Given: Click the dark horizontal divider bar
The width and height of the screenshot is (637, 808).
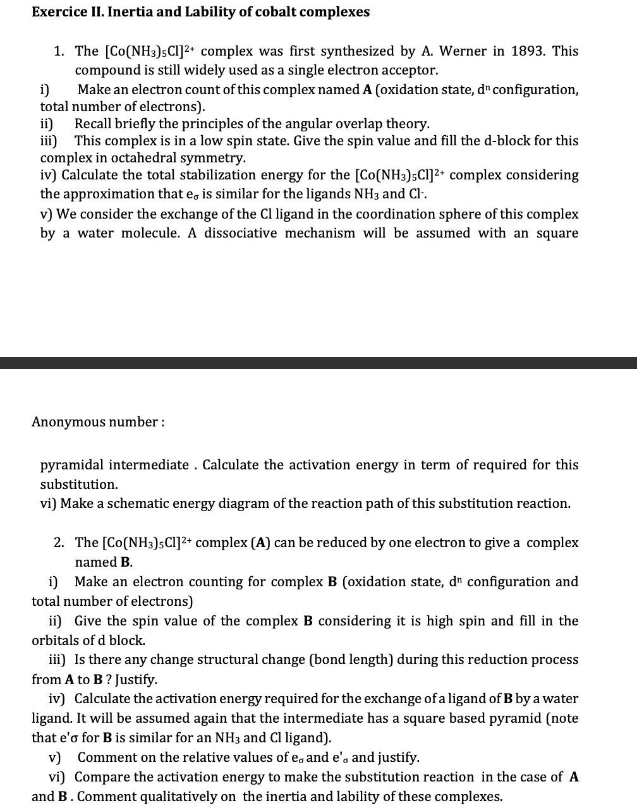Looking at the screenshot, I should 318,363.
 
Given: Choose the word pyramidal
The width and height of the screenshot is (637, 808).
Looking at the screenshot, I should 72,465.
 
